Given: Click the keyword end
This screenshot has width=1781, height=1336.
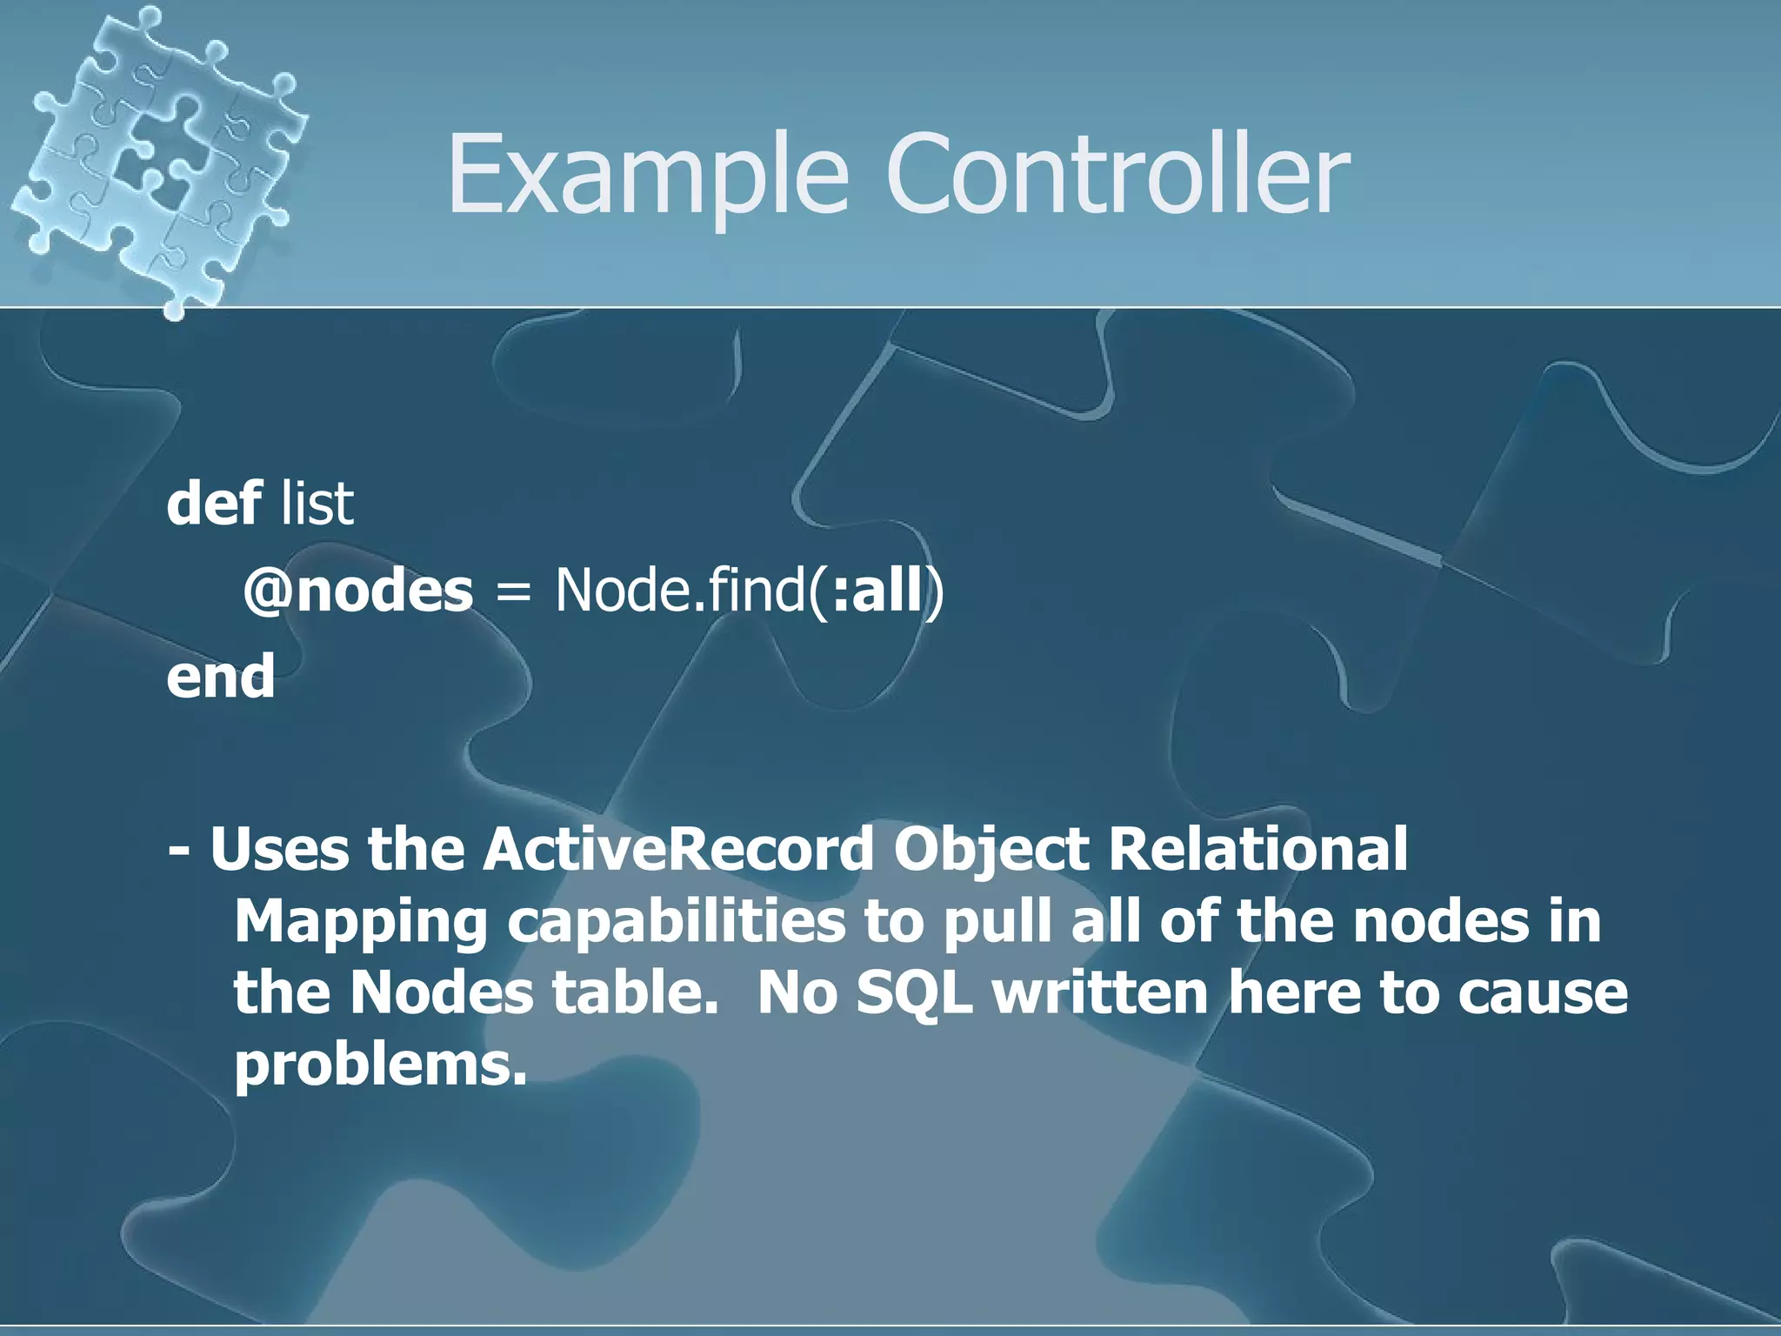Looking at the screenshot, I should click(x=221, y=677).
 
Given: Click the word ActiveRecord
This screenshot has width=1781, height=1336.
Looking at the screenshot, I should click(x=678, y=850).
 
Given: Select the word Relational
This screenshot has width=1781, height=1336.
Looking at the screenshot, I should click(x=1257, y=850).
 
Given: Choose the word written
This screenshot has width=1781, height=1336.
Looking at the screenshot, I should click(x=1100, y=993).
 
